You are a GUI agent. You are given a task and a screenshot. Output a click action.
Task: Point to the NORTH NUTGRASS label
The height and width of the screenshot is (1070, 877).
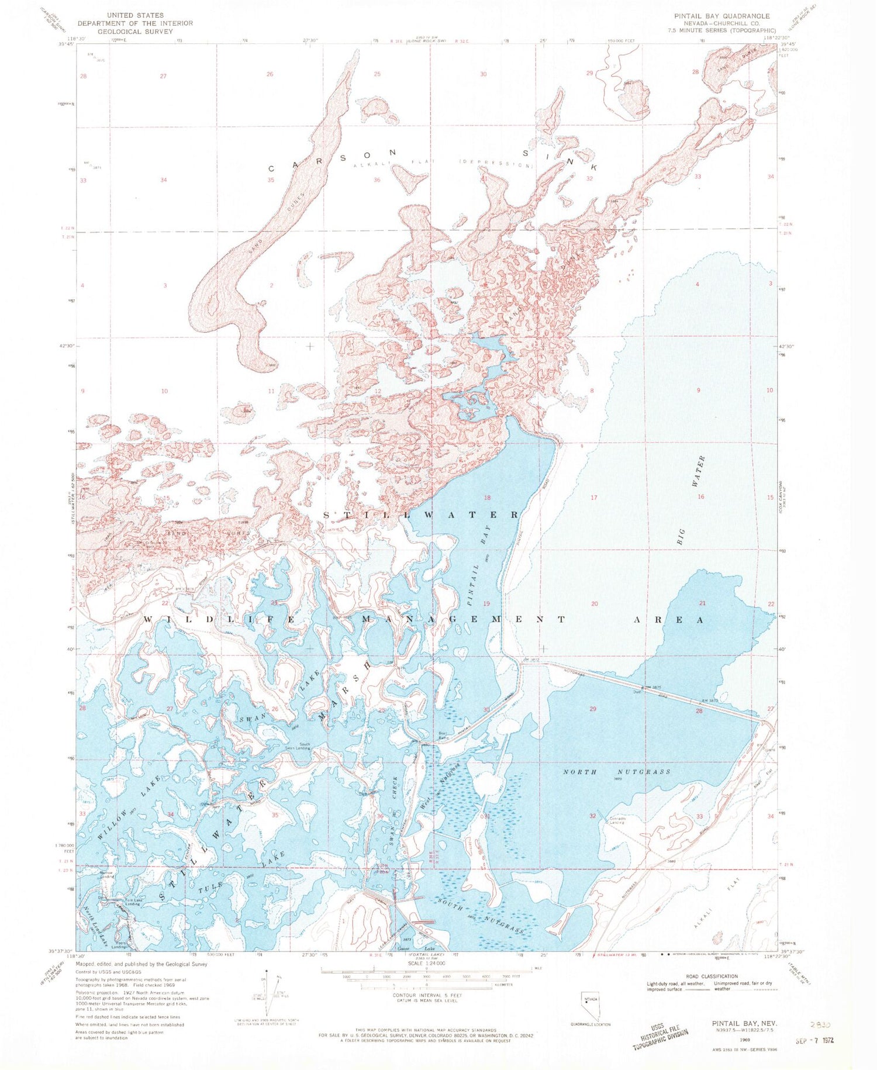click(616, 772)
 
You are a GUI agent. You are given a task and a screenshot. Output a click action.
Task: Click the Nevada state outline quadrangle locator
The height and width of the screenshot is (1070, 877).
click(589, 1002)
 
